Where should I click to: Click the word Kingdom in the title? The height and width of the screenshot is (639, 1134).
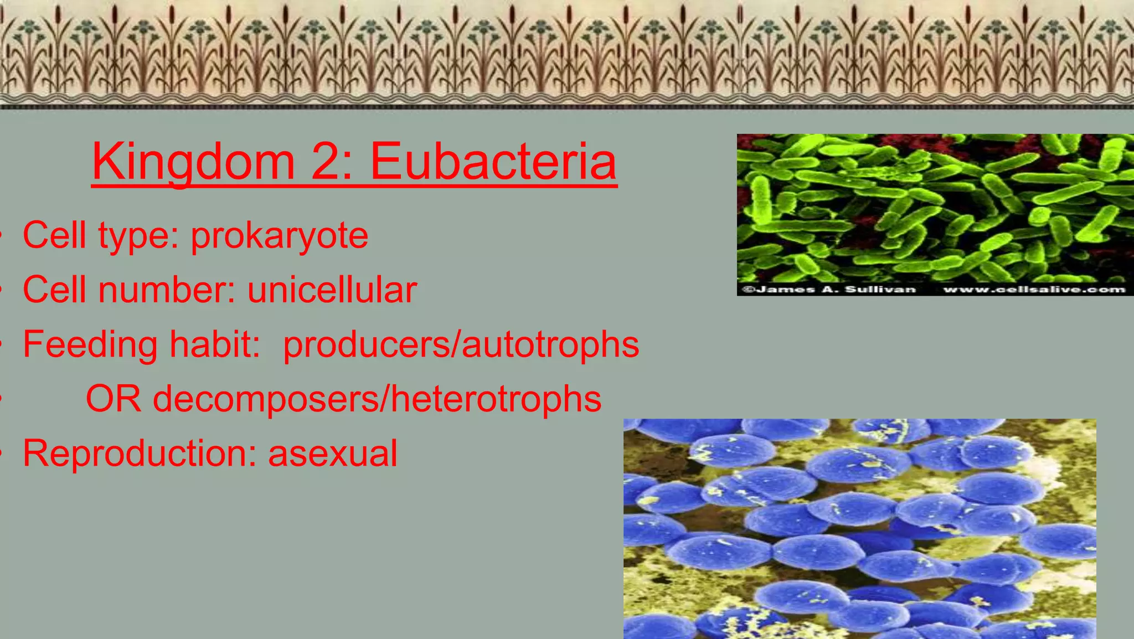coord(193,162)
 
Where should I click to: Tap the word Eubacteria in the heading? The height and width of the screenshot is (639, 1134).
coord(493,162)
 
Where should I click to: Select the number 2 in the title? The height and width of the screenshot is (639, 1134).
coord(328,162)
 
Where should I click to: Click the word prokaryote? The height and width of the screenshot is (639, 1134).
coord(280,236)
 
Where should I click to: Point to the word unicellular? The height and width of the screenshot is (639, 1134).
coord(332,290)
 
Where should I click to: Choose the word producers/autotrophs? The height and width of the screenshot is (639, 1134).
coord(461,344)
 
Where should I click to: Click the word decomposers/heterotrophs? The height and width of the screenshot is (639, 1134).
coord(377,399)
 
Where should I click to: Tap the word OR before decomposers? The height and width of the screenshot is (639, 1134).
coord(114,399)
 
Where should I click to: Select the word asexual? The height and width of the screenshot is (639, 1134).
coord(332,454)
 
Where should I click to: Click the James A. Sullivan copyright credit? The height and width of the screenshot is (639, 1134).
coord(829,289)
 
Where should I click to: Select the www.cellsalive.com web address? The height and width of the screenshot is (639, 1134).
coord(1034,289)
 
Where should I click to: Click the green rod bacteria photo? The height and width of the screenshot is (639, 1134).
coord(935,208)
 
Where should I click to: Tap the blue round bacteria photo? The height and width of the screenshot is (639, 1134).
coord(859,529)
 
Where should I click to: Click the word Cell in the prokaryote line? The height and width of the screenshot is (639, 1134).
coord(55,236)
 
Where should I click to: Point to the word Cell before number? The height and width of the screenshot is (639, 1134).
coord(55,290)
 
